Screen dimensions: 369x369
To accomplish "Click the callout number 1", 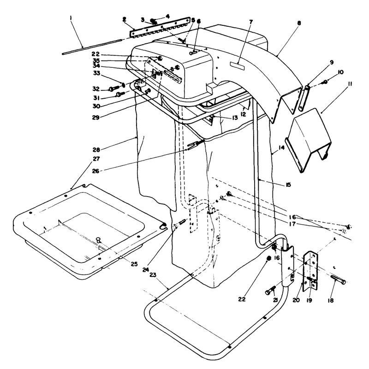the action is pyautogui.click(x=71, y=18).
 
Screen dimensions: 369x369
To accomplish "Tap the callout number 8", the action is pyautogui.click(x=299, y=23).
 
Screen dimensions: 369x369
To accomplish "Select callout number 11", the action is pyautogui.click(x=350, y=84).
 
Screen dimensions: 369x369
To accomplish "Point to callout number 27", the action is pyautogui.click(x=96, y=159).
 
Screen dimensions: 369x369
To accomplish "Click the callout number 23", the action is pyautogui.click(x=153, y=275).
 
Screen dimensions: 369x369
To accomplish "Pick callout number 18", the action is pyautogui.click(x=331, y=300).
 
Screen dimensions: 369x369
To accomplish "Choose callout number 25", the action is pyautogui.click(x=134, y=264).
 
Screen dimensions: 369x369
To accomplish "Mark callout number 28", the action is pyautogui.click(x=96, y=149).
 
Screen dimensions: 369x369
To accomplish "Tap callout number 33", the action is pyautogui.click(x=96, y=73).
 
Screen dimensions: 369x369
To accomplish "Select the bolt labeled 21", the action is pyautogui.click(x=270, y=291).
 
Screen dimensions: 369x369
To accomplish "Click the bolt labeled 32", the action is pyautogui.click(x=114, y=88).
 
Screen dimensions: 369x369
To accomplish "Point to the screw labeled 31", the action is pyautogui.click(x=120, y=94).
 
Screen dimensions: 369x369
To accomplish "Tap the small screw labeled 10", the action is pyautogui.click(x=325, y=82).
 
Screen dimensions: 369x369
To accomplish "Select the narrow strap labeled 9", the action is pyautogui.click(x=304, y=98).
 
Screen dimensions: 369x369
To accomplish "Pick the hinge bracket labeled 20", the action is pyautogui.click(x=310, y=271).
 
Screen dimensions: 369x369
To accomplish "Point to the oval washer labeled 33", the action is pyautogui.click(x=122, y=83).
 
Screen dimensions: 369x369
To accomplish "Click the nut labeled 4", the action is pyautogui.click(x=153, y=20).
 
